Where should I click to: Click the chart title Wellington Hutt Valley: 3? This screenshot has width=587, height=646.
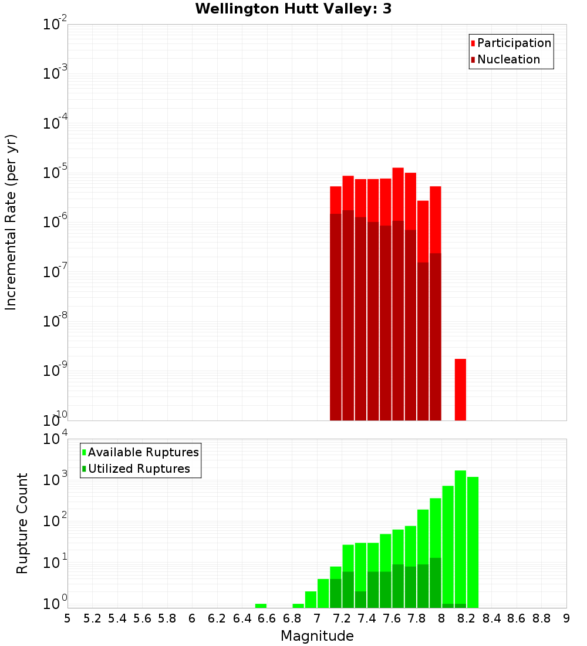(x=293, y=9)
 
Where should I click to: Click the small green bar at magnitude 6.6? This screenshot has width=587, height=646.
(x=261, y=605)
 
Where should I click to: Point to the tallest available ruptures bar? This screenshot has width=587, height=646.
(x=460, y=537)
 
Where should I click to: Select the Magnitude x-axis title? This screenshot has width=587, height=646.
(x=317, y=636)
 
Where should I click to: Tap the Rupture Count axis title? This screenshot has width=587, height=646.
(x=22, y=523)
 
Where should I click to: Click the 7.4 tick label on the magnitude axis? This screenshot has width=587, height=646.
(x=367, y=618)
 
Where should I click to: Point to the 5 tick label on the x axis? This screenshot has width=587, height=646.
(x=68, y=618)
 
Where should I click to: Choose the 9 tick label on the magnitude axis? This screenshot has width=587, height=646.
(x=566, y=618)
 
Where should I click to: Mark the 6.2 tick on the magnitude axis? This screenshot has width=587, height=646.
(x=217, y=618)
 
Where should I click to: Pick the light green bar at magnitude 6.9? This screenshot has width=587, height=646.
(x=298, y=605)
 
